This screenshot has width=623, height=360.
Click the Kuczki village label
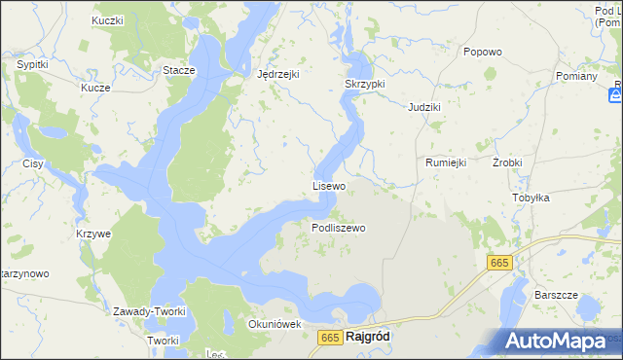[107, 20]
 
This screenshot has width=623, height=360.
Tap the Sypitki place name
[33, 64]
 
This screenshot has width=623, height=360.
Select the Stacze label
[179, 70]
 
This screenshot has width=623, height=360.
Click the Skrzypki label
[365, 84]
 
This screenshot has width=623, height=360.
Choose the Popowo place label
[482, 52]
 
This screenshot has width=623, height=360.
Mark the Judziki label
[426, 106]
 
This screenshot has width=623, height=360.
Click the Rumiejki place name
[446, 162]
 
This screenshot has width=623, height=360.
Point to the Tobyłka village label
[531, 198]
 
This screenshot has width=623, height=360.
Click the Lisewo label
[329, 185]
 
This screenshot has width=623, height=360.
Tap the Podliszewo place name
[338, 228]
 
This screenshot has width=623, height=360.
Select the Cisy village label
[33, 163]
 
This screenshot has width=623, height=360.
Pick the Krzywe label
[93, 234]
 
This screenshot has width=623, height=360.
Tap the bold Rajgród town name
[368, 337]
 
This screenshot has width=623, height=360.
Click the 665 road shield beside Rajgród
[329, 337]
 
